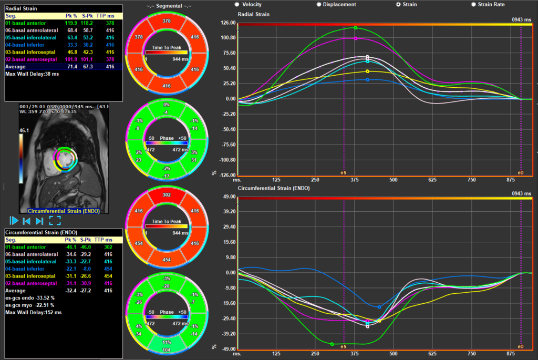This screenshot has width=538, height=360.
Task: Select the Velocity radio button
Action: pyautogui.click(x=237, y=4)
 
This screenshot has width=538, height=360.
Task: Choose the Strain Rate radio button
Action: pyautogui.click(x=474, y=4)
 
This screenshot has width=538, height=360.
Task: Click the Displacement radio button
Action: pyautogui.click(x=318, y=4)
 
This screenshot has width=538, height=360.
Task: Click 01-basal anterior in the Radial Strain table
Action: pyautogui.click(x=25, y=23)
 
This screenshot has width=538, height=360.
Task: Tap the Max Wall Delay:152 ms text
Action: pyautogui.click(x=33, y=312)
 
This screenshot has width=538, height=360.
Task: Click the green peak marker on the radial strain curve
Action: pyautogui.click(x=356, y=28)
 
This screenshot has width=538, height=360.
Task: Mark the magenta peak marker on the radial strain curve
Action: pyautogui.click(x=356, y=38)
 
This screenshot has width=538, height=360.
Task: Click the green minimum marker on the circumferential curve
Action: pyautogui.click(x=332, y=344)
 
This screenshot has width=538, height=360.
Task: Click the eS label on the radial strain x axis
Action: pyautogui.click(x=344, y=172)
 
